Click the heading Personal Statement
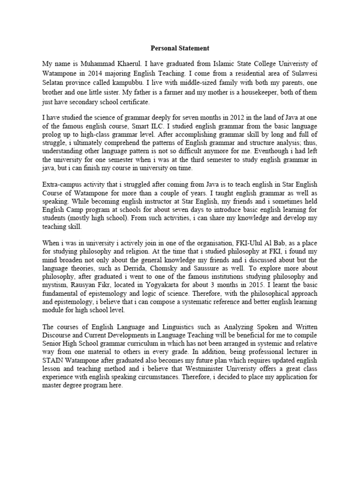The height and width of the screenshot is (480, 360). click(180, 48)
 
